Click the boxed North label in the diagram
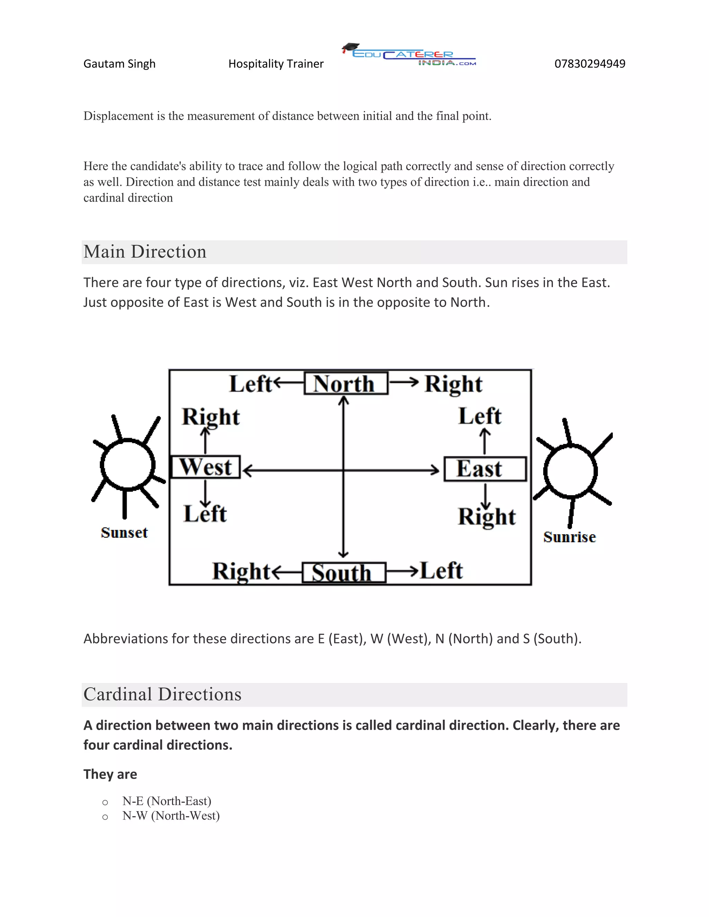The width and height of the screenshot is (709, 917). [x=346, y=383]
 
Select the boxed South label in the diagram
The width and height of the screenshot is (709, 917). [x=343, y=573]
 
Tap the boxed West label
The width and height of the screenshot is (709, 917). [x=205, y=467]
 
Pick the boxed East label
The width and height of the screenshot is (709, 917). [x=485, y=469]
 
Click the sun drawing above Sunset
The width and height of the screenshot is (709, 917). [x=127, y=465]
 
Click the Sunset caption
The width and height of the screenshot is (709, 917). [x=124, y=533]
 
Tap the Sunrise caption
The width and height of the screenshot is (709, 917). [x=569, y=537]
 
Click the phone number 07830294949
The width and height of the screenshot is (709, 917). [x=590, y=64]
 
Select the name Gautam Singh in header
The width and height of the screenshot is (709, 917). [x=119, y=64]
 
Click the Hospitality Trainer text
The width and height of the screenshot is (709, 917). [x=276, y=64]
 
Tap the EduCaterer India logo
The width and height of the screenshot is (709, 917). [x=409, y=56]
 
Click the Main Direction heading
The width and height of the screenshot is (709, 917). [x=145, y=252]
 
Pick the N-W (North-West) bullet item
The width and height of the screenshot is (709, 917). [x=171, y=816]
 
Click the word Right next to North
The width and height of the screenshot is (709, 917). [x=453, y=384]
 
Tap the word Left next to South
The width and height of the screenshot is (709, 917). [x=441, y=571]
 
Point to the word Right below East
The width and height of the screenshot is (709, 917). [x=487, y=516]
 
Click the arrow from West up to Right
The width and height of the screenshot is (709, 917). [x=205, y=440]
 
